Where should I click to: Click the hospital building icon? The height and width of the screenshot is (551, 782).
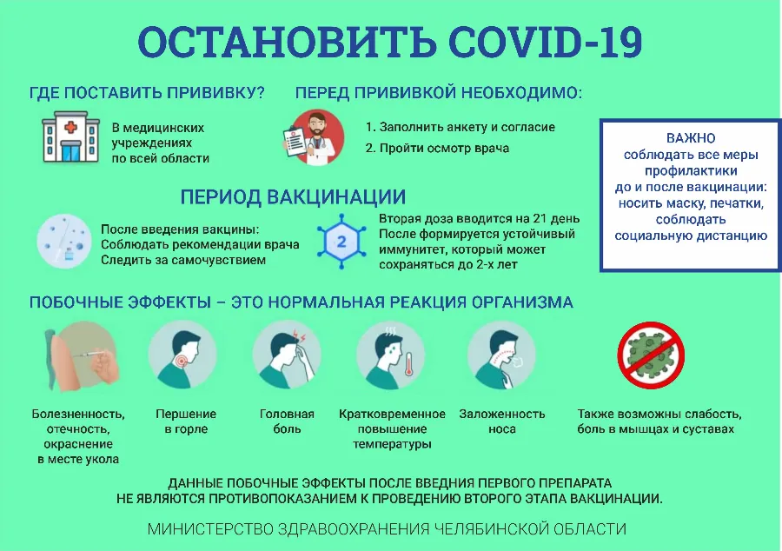pyautogui.click(x=71, y=137)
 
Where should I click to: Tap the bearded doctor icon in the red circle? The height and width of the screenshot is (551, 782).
pyautogui.click(x=315, y=137)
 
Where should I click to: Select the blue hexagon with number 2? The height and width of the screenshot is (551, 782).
pyautogui.click(x=341, y=242)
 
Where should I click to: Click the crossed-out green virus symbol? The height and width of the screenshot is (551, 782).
pyautogui.click(x=651, y=355)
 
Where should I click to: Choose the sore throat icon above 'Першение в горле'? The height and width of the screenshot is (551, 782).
pyautogui.click(x=182, y=355)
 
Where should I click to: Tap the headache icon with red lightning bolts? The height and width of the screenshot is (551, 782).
pyautogui.click(x=287, y=355)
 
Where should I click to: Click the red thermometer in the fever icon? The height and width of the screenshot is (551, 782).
pyautogui.click(x=409, y=363)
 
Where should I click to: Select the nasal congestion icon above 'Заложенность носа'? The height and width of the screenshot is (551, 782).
pyautogui.click(x=501, y=355)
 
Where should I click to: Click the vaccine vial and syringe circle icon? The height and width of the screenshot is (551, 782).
pyautogui.click(x=63, y=242)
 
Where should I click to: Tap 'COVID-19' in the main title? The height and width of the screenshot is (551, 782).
pyautogui.click(x=545, y=42)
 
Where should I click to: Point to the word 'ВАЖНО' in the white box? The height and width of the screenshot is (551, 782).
pyautogui.click(x=691, y=138)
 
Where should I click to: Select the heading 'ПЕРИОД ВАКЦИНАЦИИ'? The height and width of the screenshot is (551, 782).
pyautogui.click(x=293, y=197)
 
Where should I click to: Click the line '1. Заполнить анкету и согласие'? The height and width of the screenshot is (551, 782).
pyautogui.click(x=460, y=127)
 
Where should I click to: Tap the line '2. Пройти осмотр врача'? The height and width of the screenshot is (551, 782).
pyautogui.click(x=437, y=148)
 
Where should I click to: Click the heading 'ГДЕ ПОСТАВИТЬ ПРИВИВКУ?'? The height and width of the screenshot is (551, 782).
pyautogui.click(x=147, y=93)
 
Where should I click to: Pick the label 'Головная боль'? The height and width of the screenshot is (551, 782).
pyautogui.click(x=287, y=422)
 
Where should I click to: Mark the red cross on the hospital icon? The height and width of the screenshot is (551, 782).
pyautogui.click(x=71, y=127)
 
